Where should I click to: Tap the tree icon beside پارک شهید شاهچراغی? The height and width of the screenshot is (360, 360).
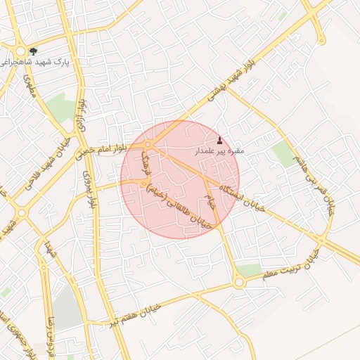[x=33, y=51]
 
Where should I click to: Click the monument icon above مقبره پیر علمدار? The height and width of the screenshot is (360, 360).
[x=219, y=140]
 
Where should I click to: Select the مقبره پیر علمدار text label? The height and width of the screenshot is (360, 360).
[x=219, y=151]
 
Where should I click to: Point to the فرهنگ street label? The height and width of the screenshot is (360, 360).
[x=146, y=162]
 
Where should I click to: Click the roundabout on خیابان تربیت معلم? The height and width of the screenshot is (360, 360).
[x=239, y=283]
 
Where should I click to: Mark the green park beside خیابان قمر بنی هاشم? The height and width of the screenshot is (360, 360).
[x=283, y=153]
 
